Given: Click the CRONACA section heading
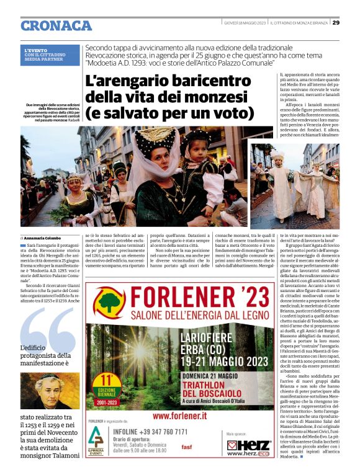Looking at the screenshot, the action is (56, 25).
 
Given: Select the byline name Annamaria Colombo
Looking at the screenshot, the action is (45, 238).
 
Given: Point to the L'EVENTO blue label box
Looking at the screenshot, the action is (51, 55).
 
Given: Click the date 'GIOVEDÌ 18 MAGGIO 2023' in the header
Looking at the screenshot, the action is (245, 22).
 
